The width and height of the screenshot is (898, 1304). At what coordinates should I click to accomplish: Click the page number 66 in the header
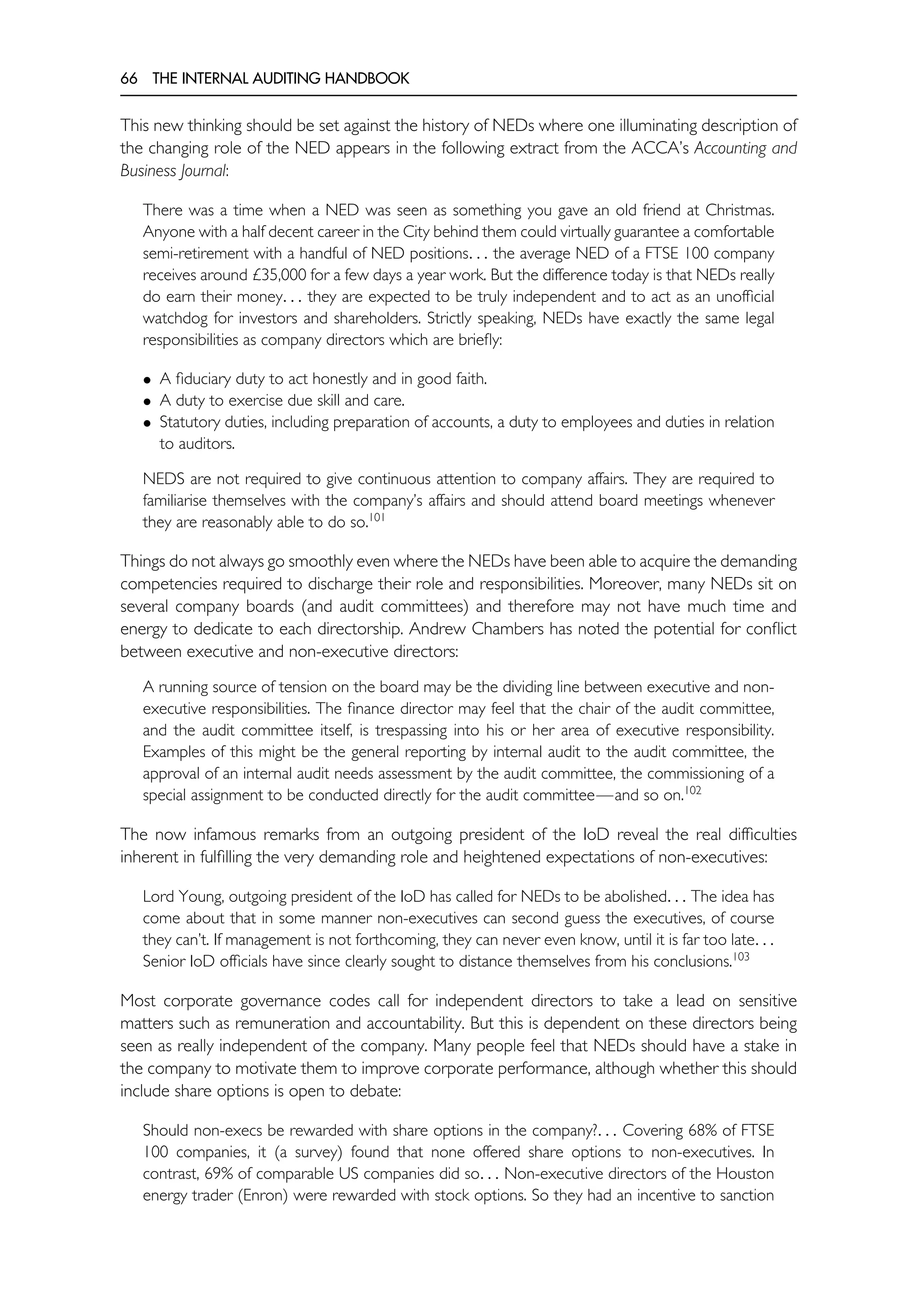(128, 79)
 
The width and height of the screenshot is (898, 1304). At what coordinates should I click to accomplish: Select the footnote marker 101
(376, 517)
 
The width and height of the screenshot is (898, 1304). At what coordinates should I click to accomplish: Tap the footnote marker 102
(693, 790)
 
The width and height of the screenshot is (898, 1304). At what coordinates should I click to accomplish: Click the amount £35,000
(279, 276)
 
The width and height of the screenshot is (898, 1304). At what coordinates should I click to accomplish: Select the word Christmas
(739, 210)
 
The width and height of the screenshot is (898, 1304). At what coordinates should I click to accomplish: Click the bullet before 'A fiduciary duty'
(147, 380)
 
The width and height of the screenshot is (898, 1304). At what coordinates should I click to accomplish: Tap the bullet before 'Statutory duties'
(147, 423)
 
